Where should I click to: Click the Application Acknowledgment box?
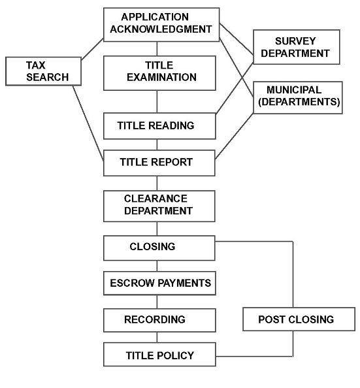click(x=161, y=25)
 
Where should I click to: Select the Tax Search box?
click(x=43, y=71)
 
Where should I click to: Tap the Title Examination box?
click(x=159, y=73)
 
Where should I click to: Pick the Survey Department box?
click(x=297, y=47)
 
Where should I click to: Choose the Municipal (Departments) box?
click(x=298, y=97)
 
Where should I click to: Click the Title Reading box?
click(x=159, y=126)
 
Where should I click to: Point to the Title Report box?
click(x=159, y=163)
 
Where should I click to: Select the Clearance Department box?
click(x=159, y=206)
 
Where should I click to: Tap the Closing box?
click(x=159, y=248)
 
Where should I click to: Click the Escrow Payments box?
click(x=159, y=283)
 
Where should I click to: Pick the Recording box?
click(x=159, y=320)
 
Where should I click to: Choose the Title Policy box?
click(x=159, y=354)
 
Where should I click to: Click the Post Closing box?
click(x=299, y=319)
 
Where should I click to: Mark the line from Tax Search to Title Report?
click(x=88, y=123)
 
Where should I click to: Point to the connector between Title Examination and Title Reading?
click(x=157, y=102)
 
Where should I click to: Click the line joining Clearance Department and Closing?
click(x=157, y=229)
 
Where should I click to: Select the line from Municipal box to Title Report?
click(x=235, y=136)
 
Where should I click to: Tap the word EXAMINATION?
click(x=161, y=77)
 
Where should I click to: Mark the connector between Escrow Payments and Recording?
click(x=157, y=302)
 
